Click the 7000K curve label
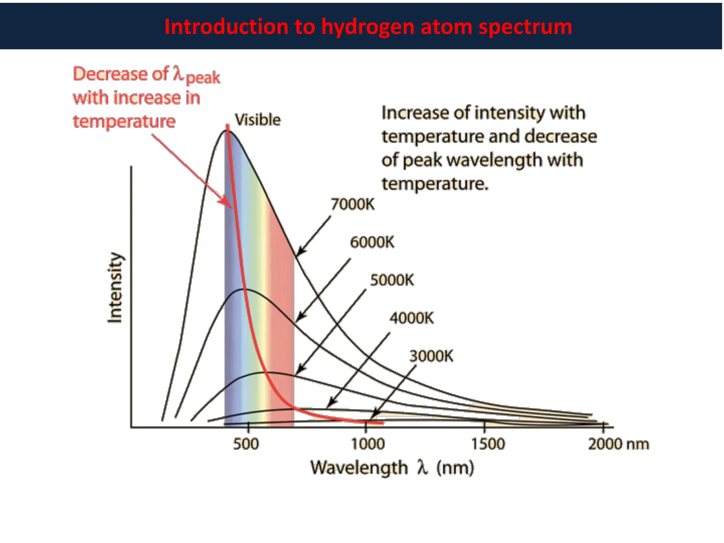(352, 204)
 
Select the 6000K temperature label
(372, 243)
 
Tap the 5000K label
(392, 280)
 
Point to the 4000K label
(411, 318)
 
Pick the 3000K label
(431, 356)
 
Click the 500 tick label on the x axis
(246, 444)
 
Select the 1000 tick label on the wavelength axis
(368, 444)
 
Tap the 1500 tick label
(488, 444)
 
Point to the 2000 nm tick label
(618, 444)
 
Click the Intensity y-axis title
(115, 287)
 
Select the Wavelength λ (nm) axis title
(392, 468)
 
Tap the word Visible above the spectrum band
(258, 120)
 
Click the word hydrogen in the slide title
(367, 27)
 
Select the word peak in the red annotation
(203, 78)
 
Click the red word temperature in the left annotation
(124, 122)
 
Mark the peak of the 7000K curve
(225, 130)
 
